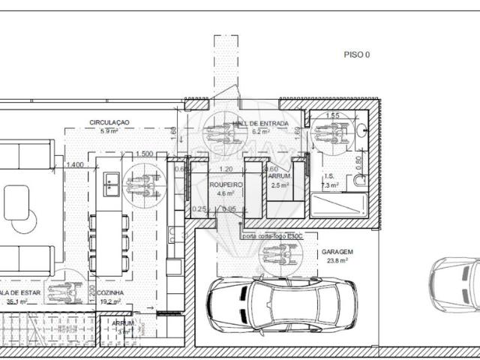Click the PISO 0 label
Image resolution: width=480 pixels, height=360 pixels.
click(x=356, y=55)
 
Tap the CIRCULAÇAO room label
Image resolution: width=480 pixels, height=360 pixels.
click(x=109, y=121)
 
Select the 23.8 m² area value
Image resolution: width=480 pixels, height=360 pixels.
click(x=338, y=262)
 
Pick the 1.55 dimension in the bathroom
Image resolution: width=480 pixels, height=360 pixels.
click(x=333, y=116)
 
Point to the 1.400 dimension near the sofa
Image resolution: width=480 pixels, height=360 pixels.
click(x=74, y=165)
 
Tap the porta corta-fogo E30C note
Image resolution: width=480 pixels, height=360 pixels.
click(x=271, y=235)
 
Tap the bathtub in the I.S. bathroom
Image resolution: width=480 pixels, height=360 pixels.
click(x=339, y=204)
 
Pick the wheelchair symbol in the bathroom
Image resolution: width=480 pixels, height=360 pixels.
click(x=329, y=133)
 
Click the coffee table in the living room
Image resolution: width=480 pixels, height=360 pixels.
click(x=16, y=202)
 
